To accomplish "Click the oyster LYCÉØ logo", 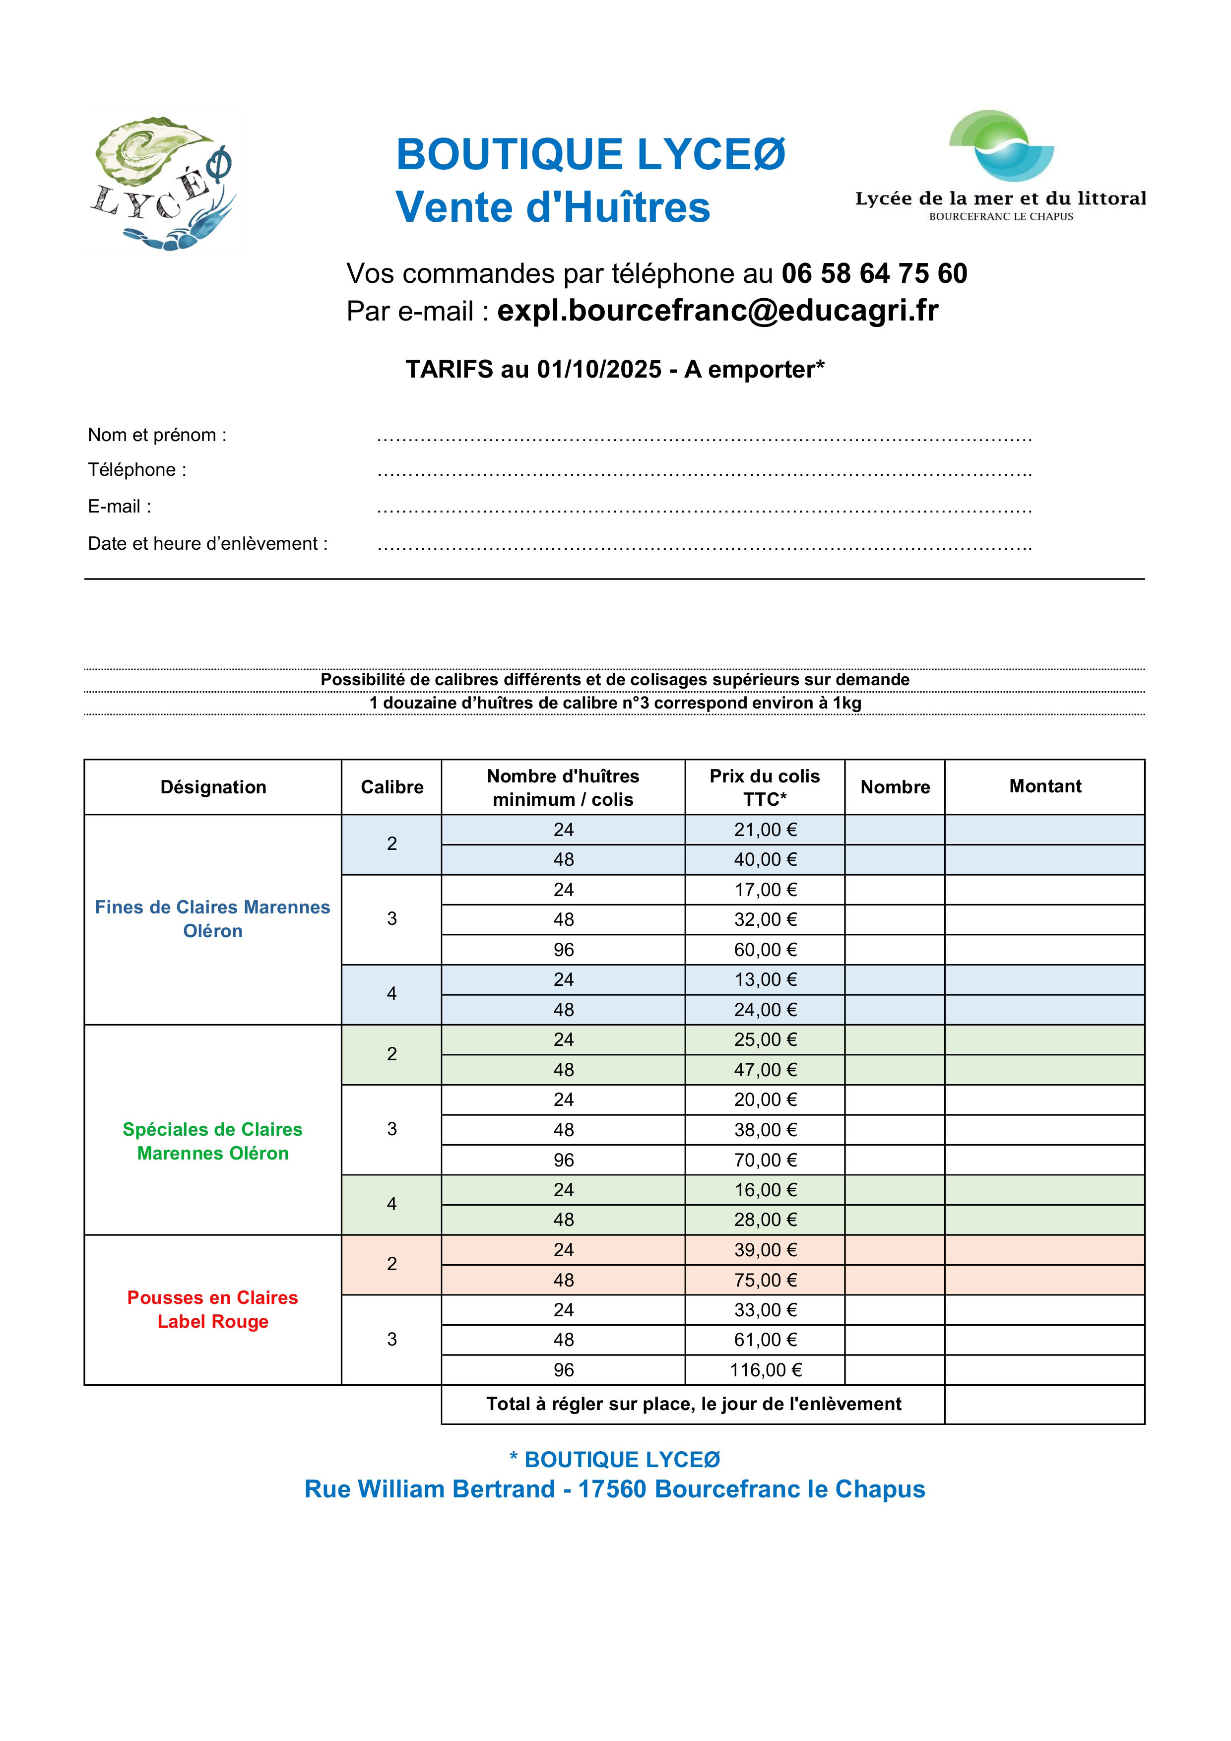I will coord(164,184).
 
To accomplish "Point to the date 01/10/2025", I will coord(599,369).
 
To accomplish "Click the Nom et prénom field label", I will coord(157,435).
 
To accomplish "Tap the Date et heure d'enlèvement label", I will coord(208,544).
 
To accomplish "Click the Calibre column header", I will coord(391,787).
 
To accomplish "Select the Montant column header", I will coord(1044,786).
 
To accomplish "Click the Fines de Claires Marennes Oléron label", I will coord(212,919).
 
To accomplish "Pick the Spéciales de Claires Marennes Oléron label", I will coord(212,1141).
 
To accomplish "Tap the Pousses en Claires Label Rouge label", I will coord(212,1309).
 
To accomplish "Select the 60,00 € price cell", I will coord(765,949).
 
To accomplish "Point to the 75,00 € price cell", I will coord(765,1280).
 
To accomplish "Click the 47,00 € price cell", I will coord(765,1070).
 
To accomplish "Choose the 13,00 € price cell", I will coord(765,980).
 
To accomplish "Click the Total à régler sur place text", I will coord(693,1404).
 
